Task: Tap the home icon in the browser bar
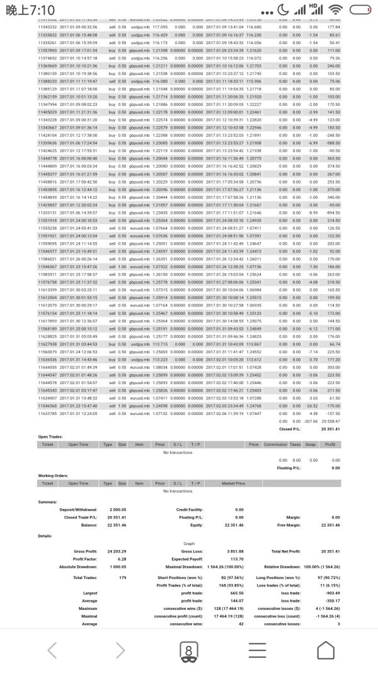pos(325,650)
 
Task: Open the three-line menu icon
pos(257,650)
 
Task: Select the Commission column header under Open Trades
pos(275,444)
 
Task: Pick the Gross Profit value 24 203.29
pos(118,551)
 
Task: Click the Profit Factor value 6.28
pos(122,559)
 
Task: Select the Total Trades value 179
pos(122,577)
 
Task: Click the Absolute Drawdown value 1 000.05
pos(118,566)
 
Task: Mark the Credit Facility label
pos(189,509)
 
